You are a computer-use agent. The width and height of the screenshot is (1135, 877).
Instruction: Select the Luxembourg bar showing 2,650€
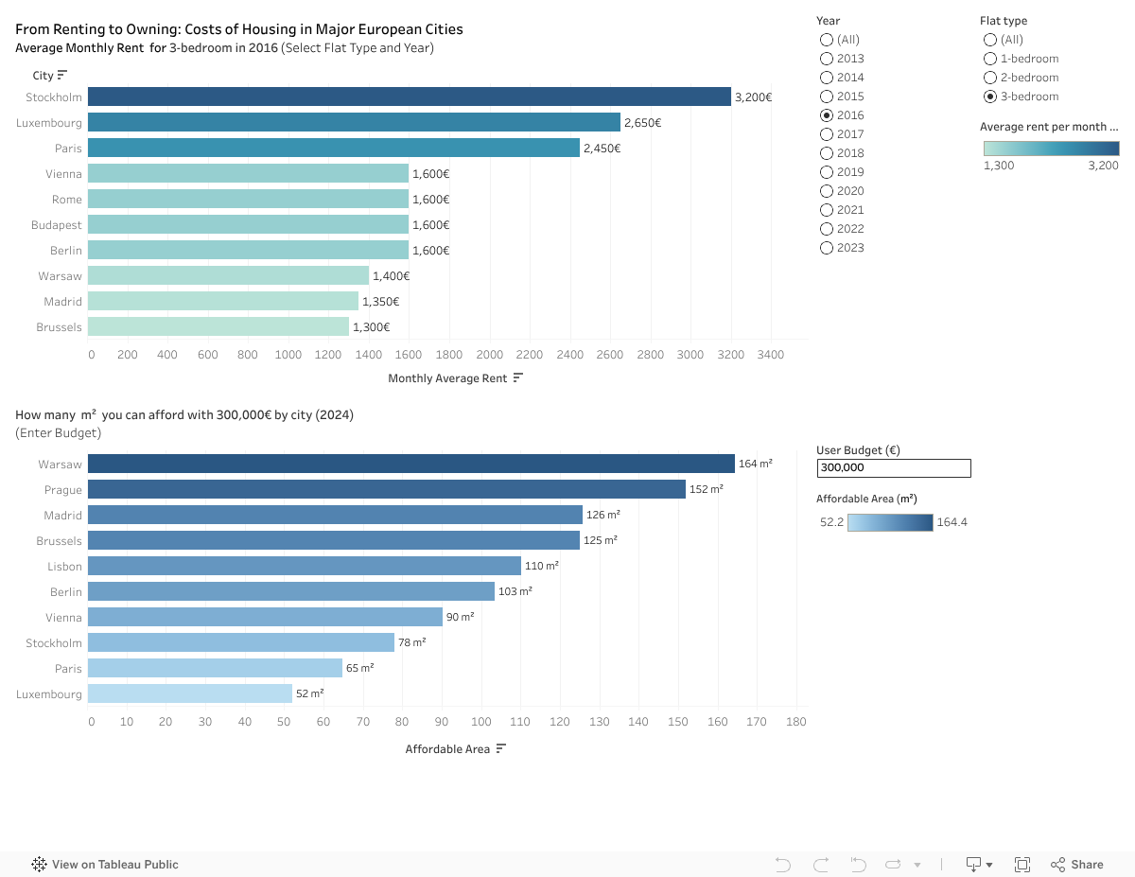coord(354,122)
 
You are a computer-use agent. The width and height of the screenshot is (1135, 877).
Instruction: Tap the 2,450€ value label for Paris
coord(602,149)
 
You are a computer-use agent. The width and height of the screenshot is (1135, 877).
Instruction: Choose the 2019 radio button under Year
coord(827,172)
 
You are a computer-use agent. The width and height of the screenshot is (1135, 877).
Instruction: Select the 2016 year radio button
coord(827,115)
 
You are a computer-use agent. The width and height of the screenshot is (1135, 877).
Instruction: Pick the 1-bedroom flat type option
coord(990,59)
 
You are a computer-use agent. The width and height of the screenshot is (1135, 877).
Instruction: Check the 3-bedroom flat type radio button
coord(990,96)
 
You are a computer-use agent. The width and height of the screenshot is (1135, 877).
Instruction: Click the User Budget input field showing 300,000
coord(893,467)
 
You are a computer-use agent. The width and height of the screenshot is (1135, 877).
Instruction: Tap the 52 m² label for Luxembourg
coord(310,694)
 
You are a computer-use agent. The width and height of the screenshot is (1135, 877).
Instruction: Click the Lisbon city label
coord(64,567)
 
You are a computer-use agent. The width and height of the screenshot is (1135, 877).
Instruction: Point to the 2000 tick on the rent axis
coord(490,355)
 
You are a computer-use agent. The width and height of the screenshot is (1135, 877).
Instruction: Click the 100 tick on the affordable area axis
coord(482,722)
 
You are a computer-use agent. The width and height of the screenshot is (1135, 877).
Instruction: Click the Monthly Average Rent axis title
coord(448,378)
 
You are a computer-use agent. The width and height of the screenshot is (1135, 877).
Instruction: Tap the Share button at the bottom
coord(1077,864)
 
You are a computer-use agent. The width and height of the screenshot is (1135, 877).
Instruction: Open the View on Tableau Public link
coord(106,864)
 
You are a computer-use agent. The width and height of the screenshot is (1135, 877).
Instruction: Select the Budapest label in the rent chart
coord(57,225)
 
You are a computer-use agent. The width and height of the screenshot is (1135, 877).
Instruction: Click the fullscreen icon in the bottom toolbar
coord(1022,864)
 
